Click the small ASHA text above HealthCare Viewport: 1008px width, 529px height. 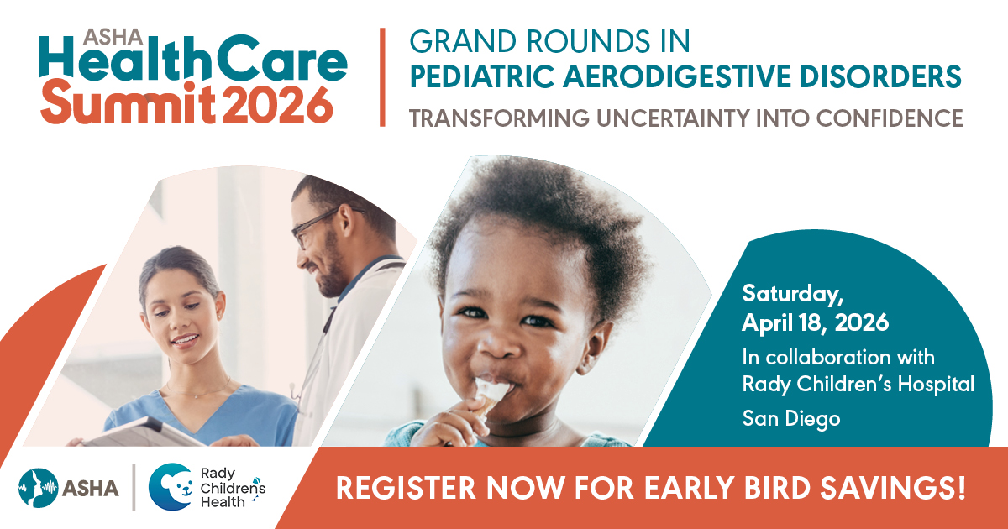(113, 37)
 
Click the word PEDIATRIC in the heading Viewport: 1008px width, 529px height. (481, 76)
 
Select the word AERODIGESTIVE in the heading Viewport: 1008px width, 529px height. (677, 76)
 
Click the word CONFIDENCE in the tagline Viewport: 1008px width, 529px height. (890, 118)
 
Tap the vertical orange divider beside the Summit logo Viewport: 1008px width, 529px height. (382, 77)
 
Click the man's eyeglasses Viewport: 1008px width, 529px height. (320, 226)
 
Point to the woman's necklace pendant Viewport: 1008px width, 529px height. (197, 396)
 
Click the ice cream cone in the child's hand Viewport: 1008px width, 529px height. (489, 398)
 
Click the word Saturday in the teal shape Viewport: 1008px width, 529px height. (793, 295)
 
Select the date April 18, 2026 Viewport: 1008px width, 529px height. (816, 323)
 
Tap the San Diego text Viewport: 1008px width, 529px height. (791, 419)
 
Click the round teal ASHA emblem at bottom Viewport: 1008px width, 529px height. (39, 489)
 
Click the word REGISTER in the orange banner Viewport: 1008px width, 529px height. (407, 489)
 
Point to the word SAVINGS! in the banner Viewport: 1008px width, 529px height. (892, 489)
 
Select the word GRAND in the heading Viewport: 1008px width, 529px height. (463, 42)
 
